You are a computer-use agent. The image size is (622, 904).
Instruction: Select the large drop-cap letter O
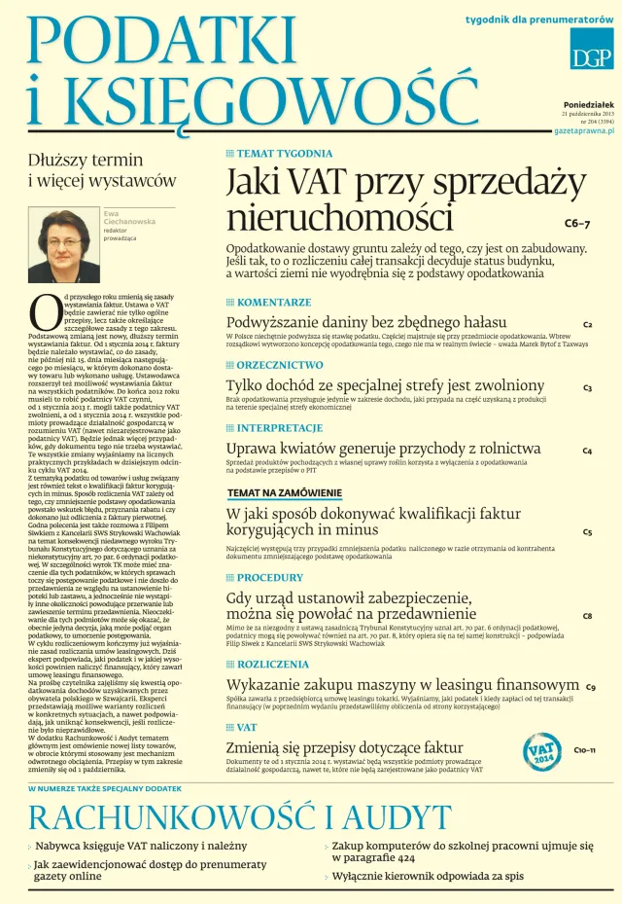coord(45,310)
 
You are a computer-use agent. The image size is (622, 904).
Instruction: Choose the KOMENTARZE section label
coord(275,303)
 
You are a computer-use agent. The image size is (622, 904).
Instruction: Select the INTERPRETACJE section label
coord(281,427)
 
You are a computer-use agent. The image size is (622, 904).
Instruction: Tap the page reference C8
coord(588,616)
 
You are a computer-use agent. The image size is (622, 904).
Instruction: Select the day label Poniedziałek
coord(589,104)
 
